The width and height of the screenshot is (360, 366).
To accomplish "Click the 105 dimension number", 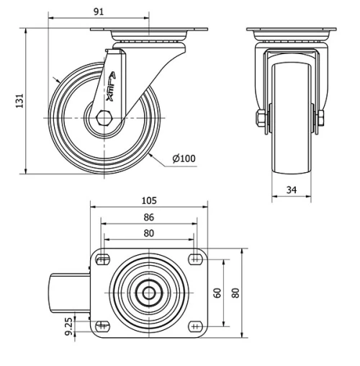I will pyautogui.click(x=148, y=201).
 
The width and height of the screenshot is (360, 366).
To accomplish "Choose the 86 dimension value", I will pyautogui.click(x=148, y=217).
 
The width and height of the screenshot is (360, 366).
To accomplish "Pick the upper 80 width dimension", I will pyautogui.click(x=148, y=233).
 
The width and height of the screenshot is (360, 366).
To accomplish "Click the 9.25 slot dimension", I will pyautogui.click(x=68, y=326).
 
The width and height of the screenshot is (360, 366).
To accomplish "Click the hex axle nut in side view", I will pyautogui.click(x=104, y=117).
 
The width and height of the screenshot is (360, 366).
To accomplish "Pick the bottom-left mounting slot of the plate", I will pyautogui.click(x=103, y=326).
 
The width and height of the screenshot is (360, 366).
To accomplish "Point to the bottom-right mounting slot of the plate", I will pyautogui.click(x=194, y=326).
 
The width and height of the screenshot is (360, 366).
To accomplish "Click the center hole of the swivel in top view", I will pyautogui.click(x=148, y=293).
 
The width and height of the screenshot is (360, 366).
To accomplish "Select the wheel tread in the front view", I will pyautogui.click(x=293, y=144).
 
